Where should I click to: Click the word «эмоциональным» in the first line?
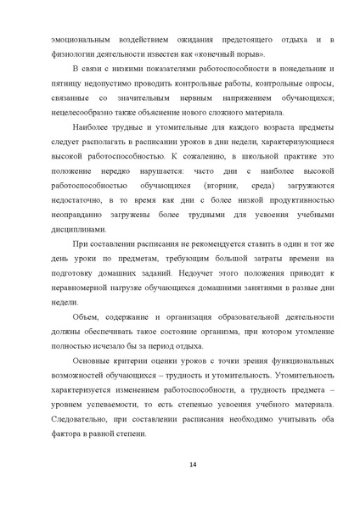pos(80,40)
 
